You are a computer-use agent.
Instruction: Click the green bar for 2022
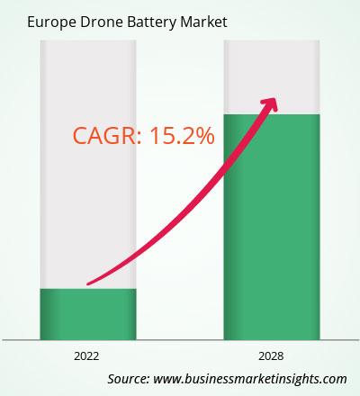point(88,314)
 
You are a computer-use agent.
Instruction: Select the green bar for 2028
point(272,227)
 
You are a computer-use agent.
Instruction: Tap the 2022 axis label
point(86,356)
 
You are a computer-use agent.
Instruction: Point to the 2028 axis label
point(271,356)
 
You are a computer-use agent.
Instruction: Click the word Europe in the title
point(51,22)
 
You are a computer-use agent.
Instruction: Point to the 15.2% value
point(182,136)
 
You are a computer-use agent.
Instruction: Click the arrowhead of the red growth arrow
point(270,104)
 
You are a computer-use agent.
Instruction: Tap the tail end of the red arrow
point(87,283)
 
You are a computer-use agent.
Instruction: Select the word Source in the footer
point(129,379)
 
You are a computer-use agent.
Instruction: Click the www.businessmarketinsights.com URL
point(250,379)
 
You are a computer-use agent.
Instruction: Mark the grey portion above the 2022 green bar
point(88,165)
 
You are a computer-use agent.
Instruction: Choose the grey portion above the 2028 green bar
point(272,77)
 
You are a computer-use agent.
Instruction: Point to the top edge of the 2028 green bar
point(272,114)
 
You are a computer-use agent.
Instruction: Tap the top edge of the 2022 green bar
point(88,289)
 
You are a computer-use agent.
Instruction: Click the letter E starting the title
point(31,22)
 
